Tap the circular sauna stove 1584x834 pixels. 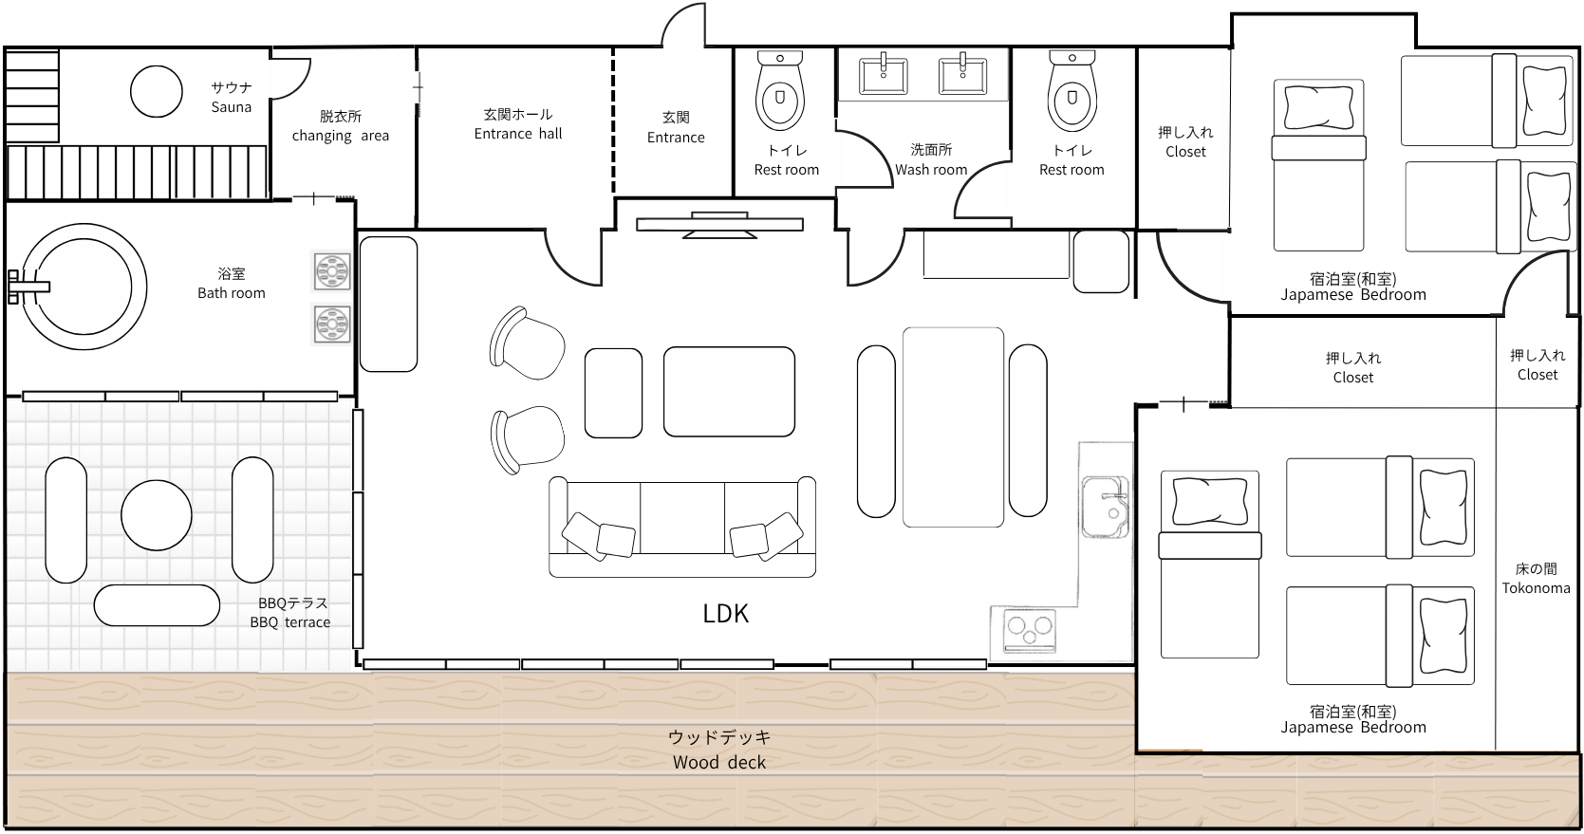(157, 91)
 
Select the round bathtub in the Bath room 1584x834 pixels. (84, 287)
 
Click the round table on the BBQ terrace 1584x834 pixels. (157, 515)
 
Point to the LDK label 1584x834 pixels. (725, 614)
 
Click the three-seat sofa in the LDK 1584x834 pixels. (682, 527)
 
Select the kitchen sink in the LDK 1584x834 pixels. (1105, 507)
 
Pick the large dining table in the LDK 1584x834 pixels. (953, 427)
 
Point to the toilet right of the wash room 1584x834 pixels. (1072, 91)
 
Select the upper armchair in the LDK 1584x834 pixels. (527, 344)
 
